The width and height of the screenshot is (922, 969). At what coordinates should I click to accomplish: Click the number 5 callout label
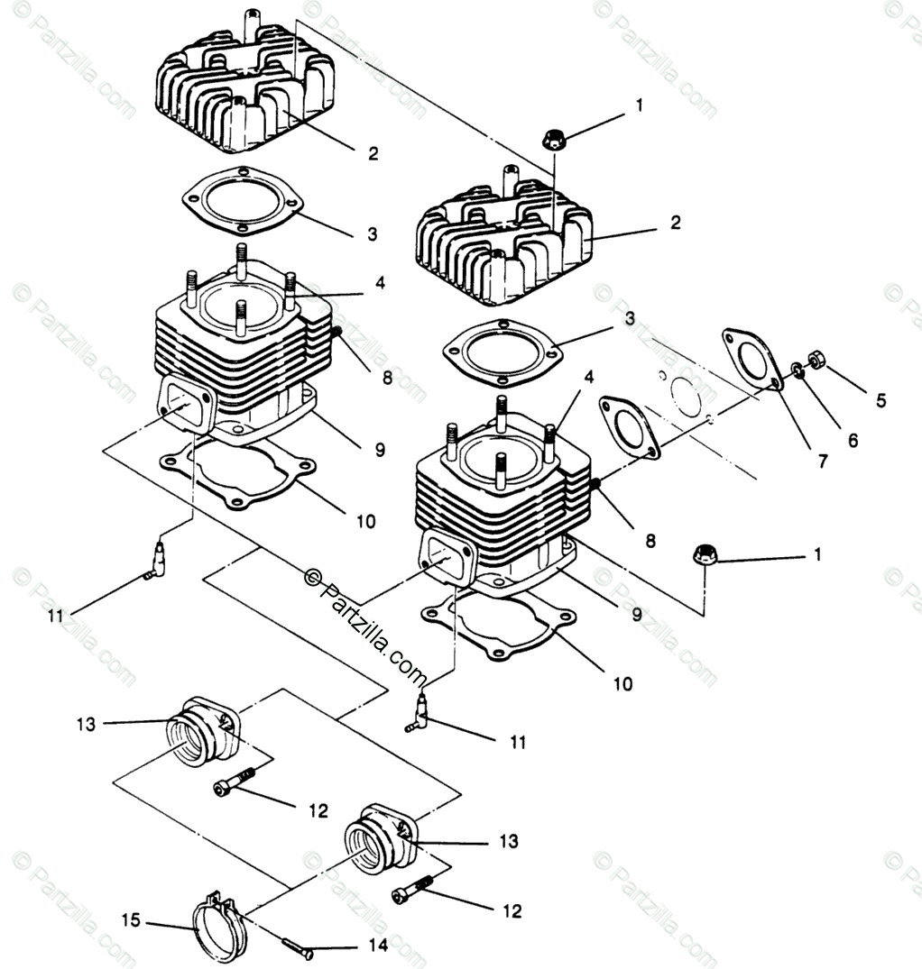pos(881,400)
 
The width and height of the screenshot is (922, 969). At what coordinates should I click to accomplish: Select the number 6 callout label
pos(853,441)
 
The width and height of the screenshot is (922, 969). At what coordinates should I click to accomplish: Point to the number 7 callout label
pos(822,462)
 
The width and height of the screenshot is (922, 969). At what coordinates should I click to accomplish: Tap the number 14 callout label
pos(378,946)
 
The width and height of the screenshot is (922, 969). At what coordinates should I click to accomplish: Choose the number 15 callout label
pos(130,920)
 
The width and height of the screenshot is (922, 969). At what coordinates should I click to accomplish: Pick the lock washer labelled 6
pos(798,369)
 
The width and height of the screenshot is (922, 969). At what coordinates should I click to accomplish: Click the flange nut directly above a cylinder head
pos(553,140)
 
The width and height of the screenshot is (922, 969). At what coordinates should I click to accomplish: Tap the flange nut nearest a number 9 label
pos(704,553)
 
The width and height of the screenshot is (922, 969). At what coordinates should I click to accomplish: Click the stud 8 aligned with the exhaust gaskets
pos(595,486)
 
